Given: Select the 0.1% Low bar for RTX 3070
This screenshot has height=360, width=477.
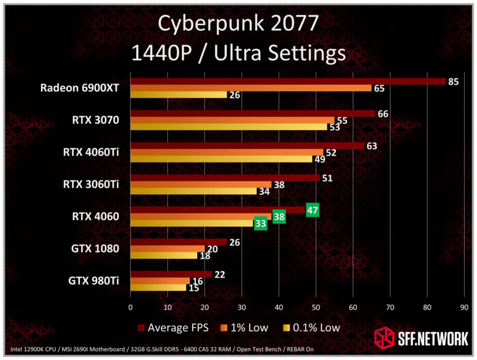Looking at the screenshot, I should point(228,127).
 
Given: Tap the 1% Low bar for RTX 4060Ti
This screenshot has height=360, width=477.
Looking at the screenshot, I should point(227,152).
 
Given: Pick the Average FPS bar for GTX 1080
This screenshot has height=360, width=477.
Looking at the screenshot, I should point(178,242).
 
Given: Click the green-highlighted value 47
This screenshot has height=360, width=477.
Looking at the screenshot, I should point(312,210).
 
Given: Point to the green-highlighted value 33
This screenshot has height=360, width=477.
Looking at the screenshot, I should point(260,223).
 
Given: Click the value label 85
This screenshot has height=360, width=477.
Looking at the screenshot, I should point(453,81).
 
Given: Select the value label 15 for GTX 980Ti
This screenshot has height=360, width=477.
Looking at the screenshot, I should point(194,288).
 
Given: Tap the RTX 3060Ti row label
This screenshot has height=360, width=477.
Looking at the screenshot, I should point(91,184).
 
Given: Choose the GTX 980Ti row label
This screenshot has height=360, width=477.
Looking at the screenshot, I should point(94,280).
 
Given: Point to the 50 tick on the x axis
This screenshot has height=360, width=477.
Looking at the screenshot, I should point(316,307).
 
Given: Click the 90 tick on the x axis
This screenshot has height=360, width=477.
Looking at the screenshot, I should point(464,307).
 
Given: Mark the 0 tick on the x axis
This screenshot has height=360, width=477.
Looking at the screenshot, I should point(130,307).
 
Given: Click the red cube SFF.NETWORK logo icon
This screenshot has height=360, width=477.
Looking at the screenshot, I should point(385,338).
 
